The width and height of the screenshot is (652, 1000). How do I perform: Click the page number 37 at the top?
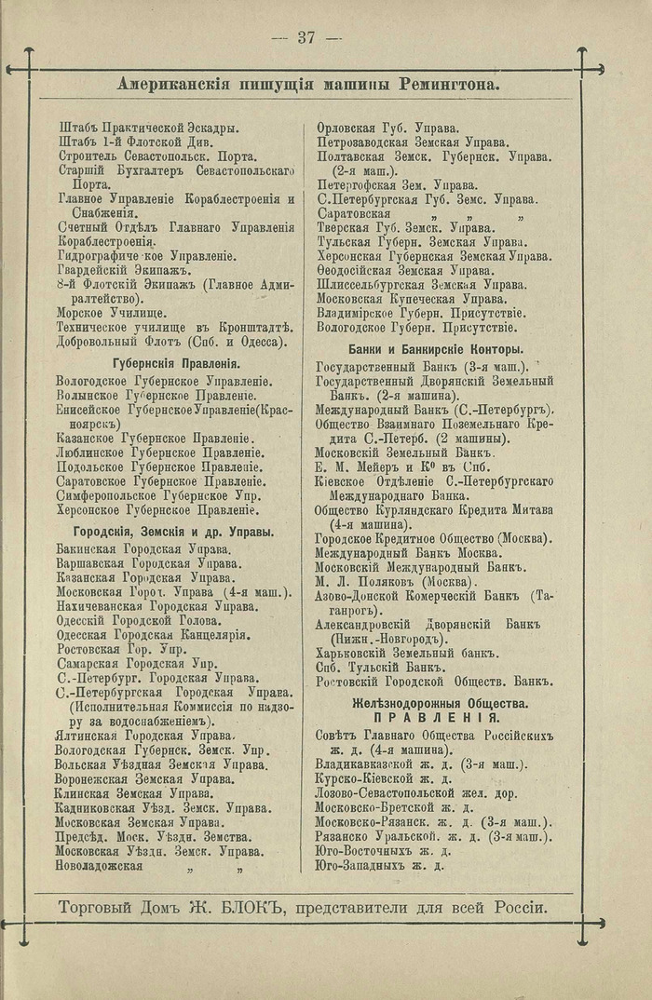307,37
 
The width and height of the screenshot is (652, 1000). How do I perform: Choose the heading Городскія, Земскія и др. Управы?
166,532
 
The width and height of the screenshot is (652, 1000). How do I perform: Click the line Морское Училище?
112,313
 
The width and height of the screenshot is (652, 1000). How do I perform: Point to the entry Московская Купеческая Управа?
411,299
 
